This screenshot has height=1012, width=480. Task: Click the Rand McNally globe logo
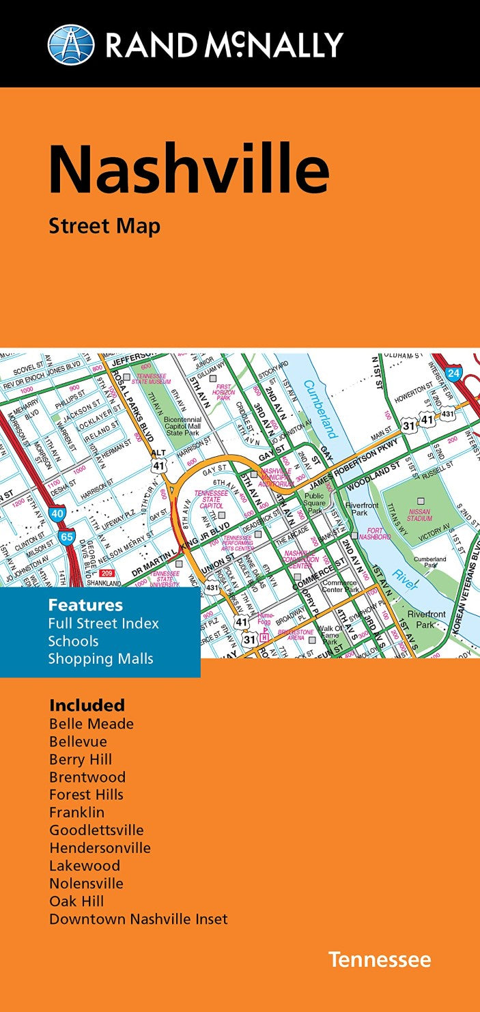[x=70, y=44]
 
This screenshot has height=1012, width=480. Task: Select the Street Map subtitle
[x=104, y=226]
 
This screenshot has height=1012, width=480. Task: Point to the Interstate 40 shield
[x=57, y=513]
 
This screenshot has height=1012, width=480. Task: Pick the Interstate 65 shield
[x=66, y=537]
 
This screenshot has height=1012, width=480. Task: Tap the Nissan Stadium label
[x=419, y=514]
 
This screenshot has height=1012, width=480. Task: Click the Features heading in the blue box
[x=85, y=605]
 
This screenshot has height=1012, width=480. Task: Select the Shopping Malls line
[x=100, y=659]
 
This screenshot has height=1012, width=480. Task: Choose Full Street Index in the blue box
[x=103, y=623]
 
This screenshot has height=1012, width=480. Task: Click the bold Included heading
[x=87, y=705]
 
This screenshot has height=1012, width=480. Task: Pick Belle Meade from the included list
[x=91, y=724]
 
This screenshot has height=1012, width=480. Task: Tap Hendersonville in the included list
[x=100, y=848]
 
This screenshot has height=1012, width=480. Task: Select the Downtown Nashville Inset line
[x=139, y=919]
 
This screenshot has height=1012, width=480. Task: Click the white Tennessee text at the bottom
[x=380, y=959]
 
